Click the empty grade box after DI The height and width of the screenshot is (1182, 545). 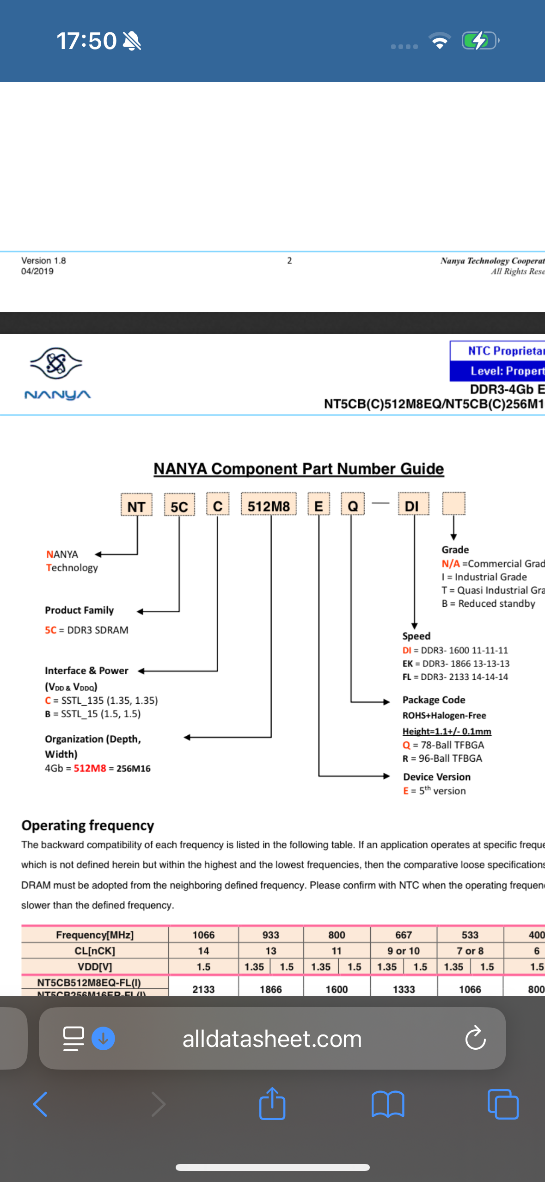(x=453, y=504)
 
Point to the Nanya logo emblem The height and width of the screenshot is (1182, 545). (x=56, y=363)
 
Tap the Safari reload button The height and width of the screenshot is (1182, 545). (x=475, y=1039)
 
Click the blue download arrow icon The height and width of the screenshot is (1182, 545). (x=104, y=1039)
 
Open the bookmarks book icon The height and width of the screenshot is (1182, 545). (x=388, y=1104)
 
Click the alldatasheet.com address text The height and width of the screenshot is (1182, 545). (x=272, y=1039)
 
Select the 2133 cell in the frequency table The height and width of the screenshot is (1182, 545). (x=203, y=989)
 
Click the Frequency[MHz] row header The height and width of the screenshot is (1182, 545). (x=95, y=935)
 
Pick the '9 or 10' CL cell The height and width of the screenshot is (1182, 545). (x=404, y=951)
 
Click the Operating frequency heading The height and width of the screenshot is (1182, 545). (x=88, y=825)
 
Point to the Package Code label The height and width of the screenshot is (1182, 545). (x=434, y=700)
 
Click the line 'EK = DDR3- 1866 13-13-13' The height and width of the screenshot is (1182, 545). (x=456, y=664)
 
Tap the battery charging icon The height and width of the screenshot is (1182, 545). (x=479, y=41)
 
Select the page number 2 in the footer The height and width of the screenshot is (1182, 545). (x=289, y=260)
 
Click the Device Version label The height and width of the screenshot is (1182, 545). (x=437, y=777)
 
